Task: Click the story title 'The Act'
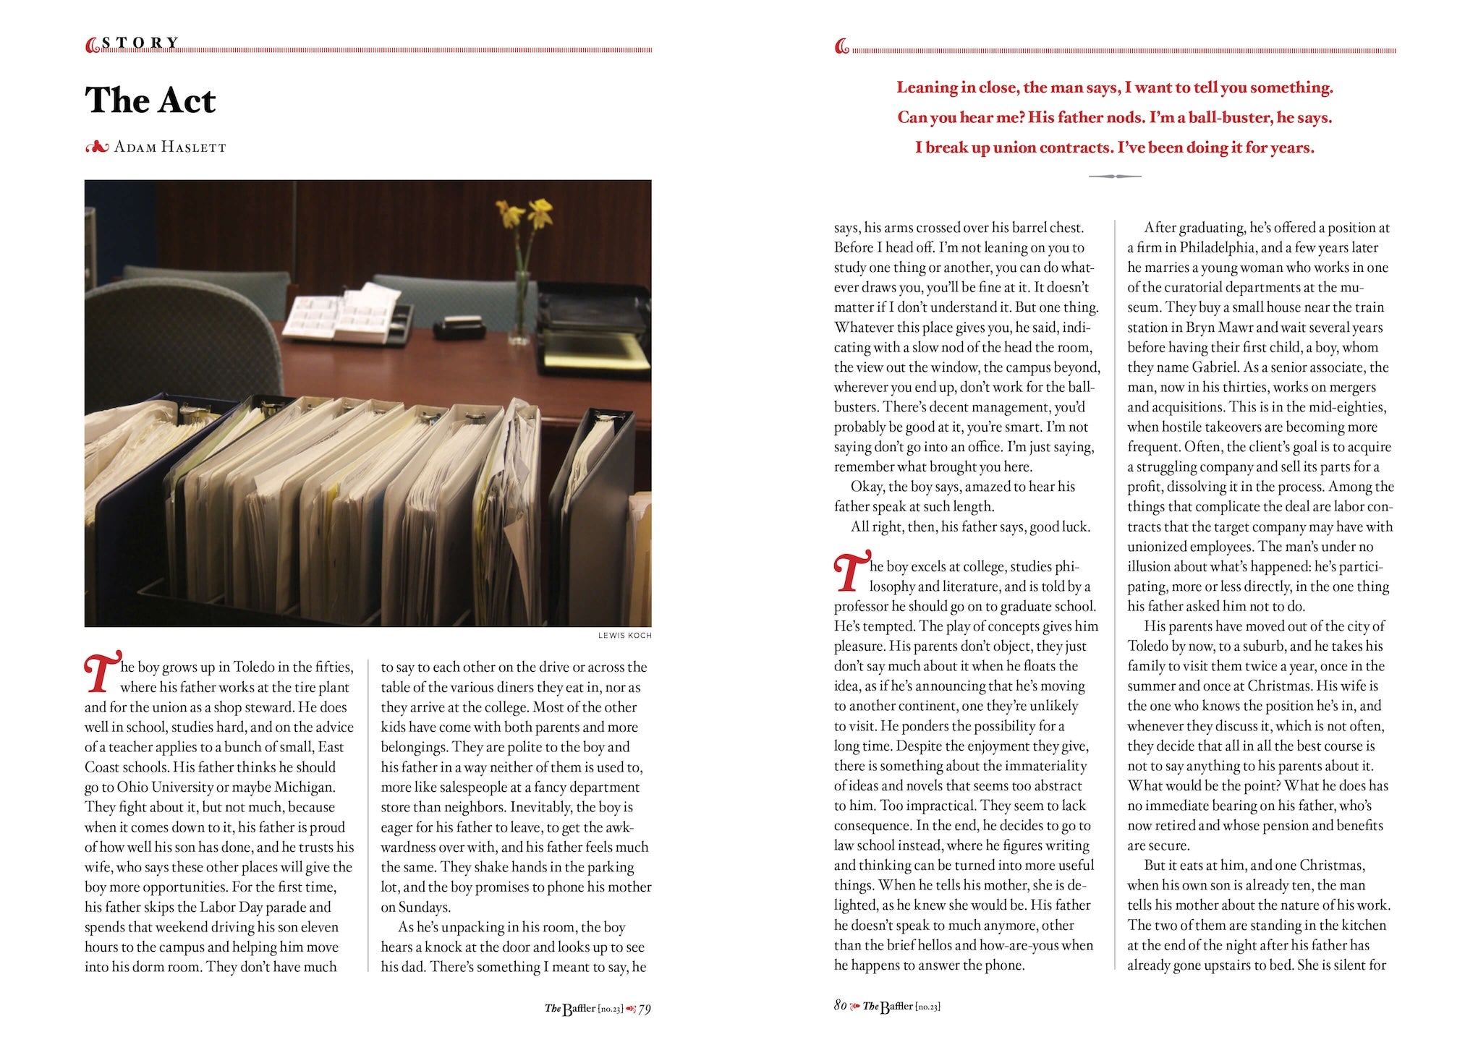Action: pyautogui.click(x=150, y=101)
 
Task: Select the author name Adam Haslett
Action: pyautogui.click(x=170, y=148)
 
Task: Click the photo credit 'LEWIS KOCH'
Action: pyautogui.click(x=624, y=636)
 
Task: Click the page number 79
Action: pyautogui.click(x=644, y=1009)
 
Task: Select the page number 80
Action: pyautogui.click(x=840, y=1006)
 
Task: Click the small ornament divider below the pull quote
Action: pyautogui.click(x=1114, y=176)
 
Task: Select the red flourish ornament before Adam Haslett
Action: pyautogui.click(x=96, y=148)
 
